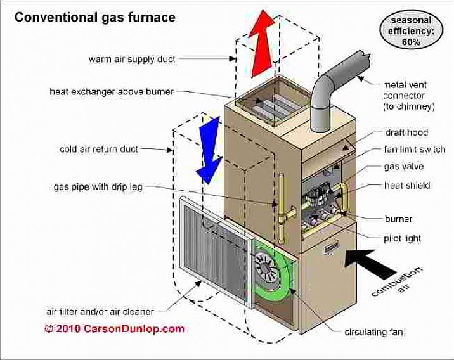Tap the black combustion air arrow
click(372, 259)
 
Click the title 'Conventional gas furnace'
click(94, 17)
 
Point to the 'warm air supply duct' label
click(132, 59)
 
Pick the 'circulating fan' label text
click(373, 331)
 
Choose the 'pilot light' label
click(402, 238)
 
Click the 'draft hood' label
click(406, 132)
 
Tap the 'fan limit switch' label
click(415, 150)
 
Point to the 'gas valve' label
click(404, 167)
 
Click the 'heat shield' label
click(407, 186)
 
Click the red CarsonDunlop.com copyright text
click(115, 328)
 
